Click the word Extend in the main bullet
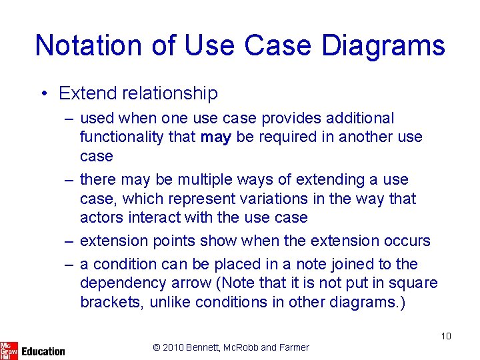(x=86, y=93)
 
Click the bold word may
(x=215, y=137)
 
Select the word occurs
(x=403, y=241)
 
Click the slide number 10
(x=445, y=336)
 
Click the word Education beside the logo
(x=43, y=351)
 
